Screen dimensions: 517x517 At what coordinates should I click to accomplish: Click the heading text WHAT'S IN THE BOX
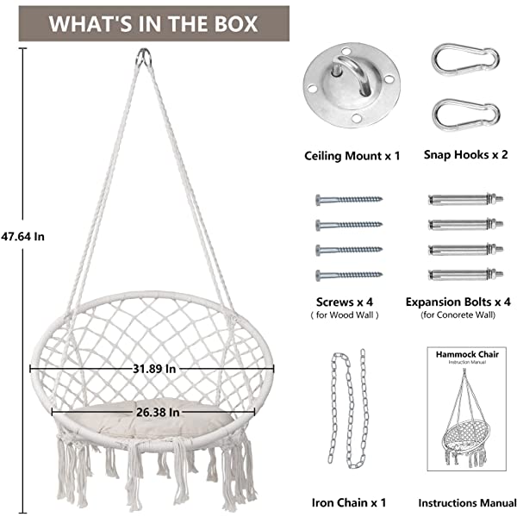point(153,22)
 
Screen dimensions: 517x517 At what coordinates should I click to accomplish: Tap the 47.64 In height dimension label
point(23,235)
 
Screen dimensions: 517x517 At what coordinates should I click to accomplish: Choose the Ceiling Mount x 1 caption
point(352,156)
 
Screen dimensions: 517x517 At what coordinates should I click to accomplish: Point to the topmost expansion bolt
point(460,200)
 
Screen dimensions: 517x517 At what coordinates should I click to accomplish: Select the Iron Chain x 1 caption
point(348,501)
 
